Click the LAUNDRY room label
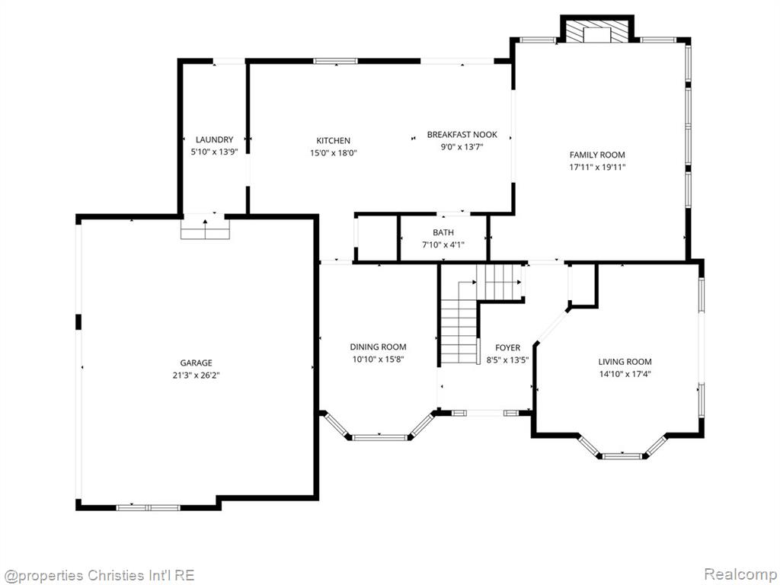214,140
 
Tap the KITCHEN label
334,141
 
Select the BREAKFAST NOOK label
462,134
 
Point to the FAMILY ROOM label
597,155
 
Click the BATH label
443,232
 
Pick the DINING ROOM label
378,347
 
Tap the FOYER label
507,347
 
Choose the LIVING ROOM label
625,362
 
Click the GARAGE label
196,363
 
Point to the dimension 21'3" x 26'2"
196,376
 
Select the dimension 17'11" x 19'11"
597,167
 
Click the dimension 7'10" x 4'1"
443,245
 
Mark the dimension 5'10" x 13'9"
214,152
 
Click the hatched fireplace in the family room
597,33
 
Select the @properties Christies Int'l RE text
98,575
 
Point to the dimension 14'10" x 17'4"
625,374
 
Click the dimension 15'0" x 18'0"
334,153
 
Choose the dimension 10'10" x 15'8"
378,360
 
